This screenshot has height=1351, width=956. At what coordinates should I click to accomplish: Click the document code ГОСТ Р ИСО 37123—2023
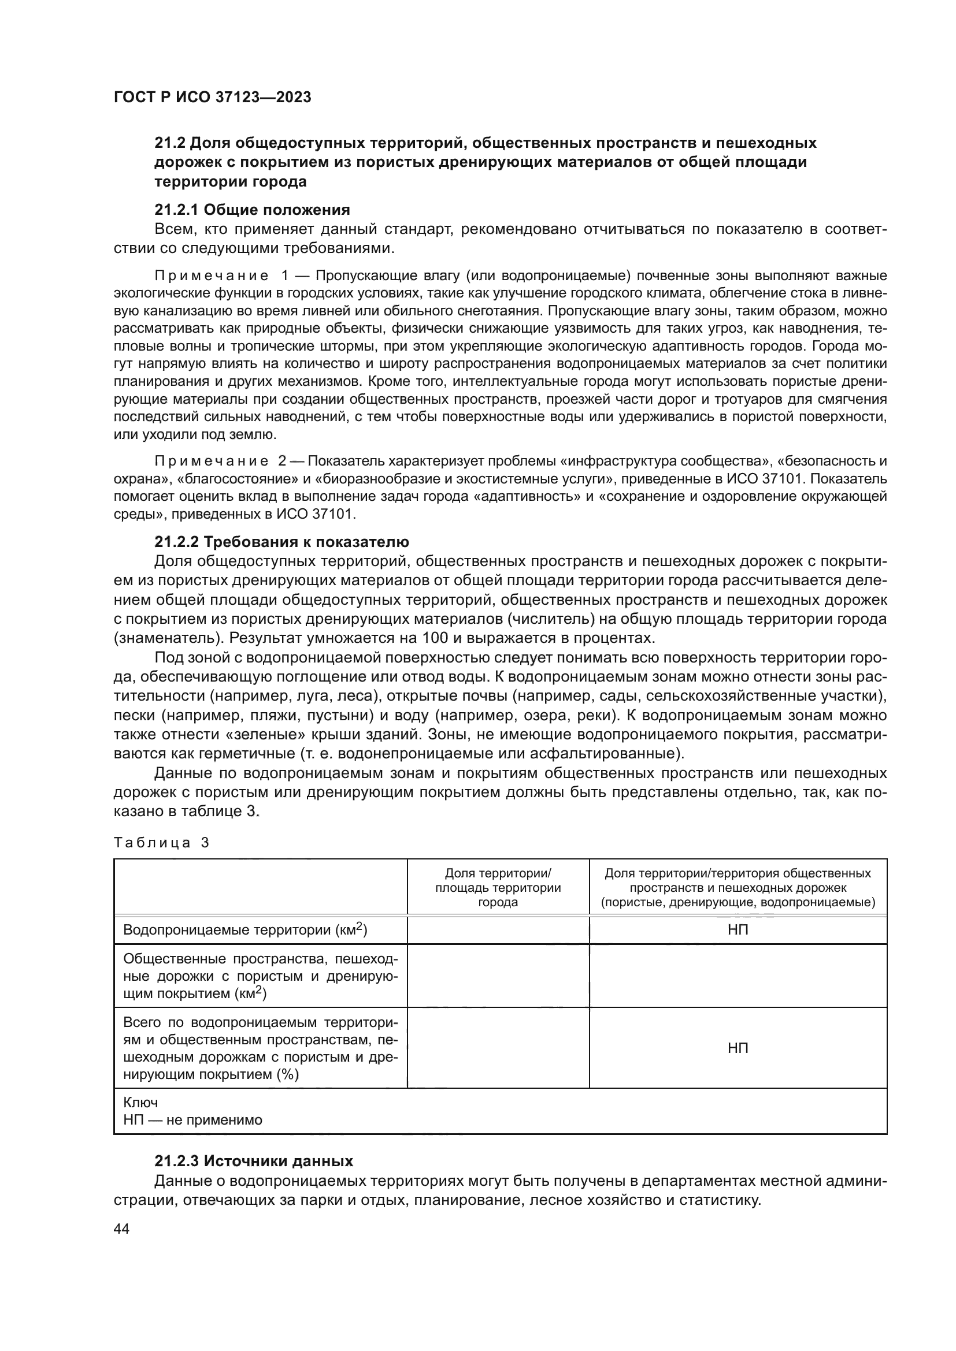212,97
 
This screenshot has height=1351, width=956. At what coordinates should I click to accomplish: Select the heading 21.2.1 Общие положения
252,210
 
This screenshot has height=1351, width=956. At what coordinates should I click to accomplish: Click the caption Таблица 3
161,843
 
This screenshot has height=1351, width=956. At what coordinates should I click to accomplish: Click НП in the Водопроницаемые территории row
738,930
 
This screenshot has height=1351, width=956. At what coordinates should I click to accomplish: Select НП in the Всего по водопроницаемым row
738,1048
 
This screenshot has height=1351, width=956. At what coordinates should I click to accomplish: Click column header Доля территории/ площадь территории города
498,887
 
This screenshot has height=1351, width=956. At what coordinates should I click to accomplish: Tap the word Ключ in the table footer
140,1103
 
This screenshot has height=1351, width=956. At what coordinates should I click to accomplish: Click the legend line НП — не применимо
192,1120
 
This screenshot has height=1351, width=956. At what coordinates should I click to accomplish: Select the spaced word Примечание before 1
212,276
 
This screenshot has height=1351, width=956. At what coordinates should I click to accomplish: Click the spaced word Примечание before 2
212,461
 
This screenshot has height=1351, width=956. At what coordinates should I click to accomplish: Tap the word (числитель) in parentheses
549,619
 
